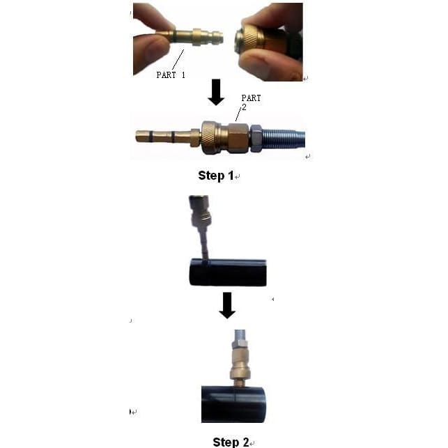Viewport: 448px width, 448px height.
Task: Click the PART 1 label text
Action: pyautogui.click(x=171, y=75)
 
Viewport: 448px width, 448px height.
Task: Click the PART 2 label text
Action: pyautogui.click(x=251, y=102)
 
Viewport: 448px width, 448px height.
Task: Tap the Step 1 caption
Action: pyautogui.click(x=216, y=176)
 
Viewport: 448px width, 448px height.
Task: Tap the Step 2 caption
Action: pyautogui.click(x=231, y=442)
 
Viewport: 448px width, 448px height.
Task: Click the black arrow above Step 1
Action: pyautogui.click(x=216, y=92)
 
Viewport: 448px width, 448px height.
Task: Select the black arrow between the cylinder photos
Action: pyautogui.click(x=227, y=305)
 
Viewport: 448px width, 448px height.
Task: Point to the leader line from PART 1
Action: pyautogui.click(x=178, y=60)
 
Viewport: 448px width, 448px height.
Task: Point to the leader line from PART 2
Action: pyautogui.click(x=238, y=114)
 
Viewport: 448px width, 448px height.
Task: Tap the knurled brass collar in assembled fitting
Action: pyautogui.click(x=210, y=137)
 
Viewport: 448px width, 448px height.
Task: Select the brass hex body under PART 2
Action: pyautogui.click(x=238, y=138)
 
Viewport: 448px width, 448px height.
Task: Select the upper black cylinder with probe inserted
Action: pyautogui.click(x=228, y=272)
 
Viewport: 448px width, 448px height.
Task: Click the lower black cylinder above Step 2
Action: pyautogui.click(x=233, y=404)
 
